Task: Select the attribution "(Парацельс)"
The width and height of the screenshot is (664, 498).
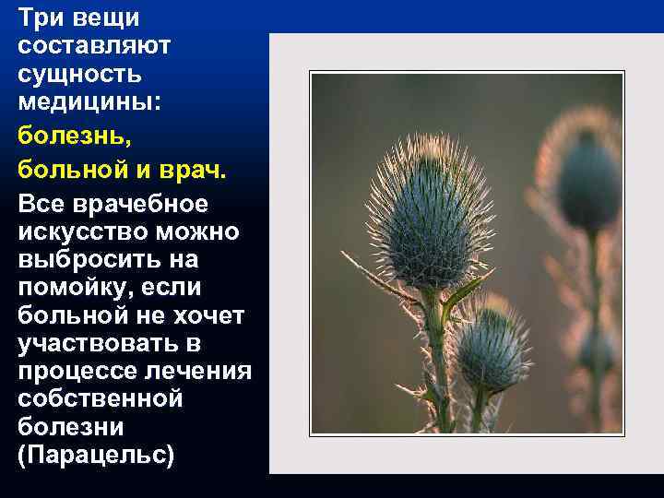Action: click(96, 456)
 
